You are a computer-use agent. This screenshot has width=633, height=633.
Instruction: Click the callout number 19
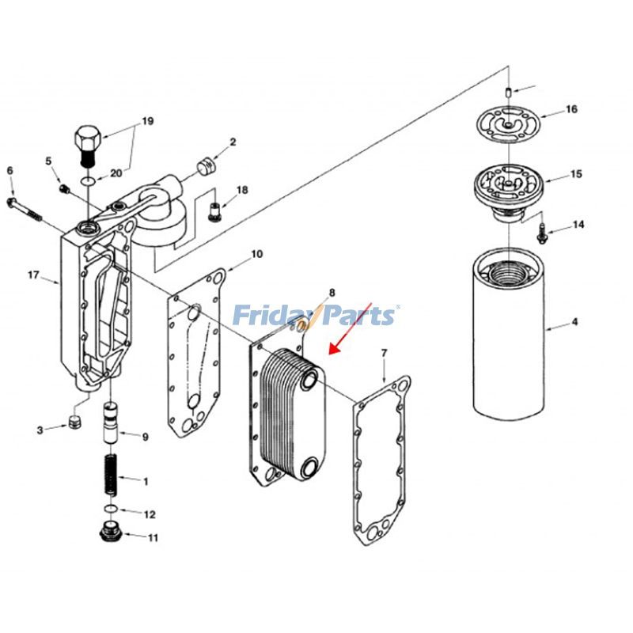tap(147, 121)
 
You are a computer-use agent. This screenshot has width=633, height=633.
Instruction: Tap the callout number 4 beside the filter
tap(575, 323)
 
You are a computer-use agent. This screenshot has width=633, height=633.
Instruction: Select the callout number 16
tap(571, 109)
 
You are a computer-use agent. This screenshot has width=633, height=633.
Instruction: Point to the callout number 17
tap(33, 275)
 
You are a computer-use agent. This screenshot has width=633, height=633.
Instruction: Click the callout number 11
tap(153, 538)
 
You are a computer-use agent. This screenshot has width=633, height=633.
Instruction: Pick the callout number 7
tap(384, 352)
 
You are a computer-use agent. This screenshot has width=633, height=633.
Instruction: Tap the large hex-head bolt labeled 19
tap(88, 142)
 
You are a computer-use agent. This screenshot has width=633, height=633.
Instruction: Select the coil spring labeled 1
tap(111, 472)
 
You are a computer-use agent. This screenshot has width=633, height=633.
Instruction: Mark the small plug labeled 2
tap(207, 167)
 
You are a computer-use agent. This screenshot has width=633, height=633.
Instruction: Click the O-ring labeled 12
tap(112, 507)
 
